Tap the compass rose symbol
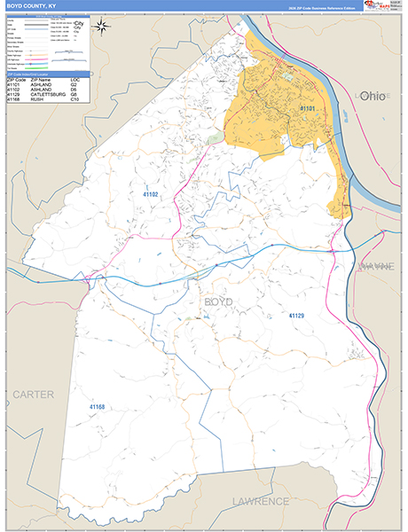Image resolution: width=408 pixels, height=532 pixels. (x=103, y=25)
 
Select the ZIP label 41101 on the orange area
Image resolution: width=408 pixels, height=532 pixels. (x=308, y=108)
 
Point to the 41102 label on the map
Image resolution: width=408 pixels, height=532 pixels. (x=152, y=192)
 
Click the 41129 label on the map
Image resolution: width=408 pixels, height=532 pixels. (x=295, y=315)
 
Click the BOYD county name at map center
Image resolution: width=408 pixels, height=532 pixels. (x=218, y=303)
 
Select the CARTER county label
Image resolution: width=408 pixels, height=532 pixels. (x=33, y=393)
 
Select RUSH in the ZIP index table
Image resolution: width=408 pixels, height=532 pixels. (x=38, y=100)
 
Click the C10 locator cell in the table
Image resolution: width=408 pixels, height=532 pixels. (x=75, y=100)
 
